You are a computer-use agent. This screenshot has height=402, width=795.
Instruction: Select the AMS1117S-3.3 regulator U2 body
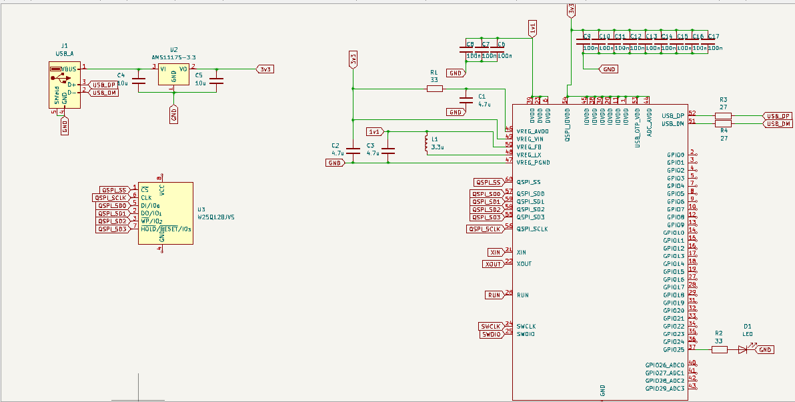tap(173, 74)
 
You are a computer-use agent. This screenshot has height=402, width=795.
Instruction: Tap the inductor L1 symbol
tap(427, 143)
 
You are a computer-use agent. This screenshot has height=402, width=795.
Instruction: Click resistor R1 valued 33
tap(434, 89)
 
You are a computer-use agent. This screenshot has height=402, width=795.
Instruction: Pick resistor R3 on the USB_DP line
tap(723, 116)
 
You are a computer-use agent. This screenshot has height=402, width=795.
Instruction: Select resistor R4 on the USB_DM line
tap(723, 123)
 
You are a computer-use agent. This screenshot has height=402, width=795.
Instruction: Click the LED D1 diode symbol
tap(742, 350)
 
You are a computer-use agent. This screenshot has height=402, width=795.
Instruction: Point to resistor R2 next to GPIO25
tap(719, 350)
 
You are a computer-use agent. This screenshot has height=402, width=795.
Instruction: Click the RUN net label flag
tap(494, 295)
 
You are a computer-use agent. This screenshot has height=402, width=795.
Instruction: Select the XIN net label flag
tap(495, 252)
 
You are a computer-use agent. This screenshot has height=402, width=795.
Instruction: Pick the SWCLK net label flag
tap(490, 326)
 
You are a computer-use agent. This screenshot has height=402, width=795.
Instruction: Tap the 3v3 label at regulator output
tap(265, 69)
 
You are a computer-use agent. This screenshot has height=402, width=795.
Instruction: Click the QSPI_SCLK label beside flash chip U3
tap(109, 197)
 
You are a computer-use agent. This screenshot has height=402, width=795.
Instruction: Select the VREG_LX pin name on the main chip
tap(529, 154)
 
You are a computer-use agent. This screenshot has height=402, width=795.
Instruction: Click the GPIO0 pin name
tap(675, 155)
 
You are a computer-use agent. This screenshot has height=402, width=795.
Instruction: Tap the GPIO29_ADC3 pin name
tap(664, 388)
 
